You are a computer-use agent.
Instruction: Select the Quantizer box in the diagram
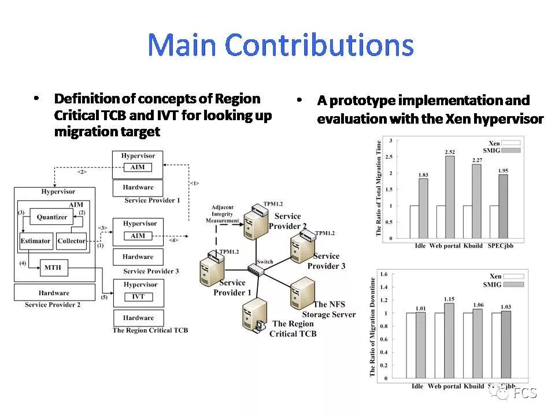pyautogui.click(x=52, y=217)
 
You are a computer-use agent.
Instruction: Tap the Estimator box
pyautogui.click(x=36, y=241)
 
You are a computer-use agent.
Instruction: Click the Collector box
pyautogui.click(x=71, y=241)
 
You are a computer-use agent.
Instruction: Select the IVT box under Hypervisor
pyautogui.click(x=138, y=296)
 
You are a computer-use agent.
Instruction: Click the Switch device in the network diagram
pyautogui.click(x=255, y=268)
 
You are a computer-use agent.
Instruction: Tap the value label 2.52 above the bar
pyautogui.click(x=450, y=153)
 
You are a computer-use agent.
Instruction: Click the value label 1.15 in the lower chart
pyautogui.click(x=449, y=299)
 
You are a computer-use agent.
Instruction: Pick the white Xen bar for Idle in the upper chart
pyautogui.click(x=415, y=221)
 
